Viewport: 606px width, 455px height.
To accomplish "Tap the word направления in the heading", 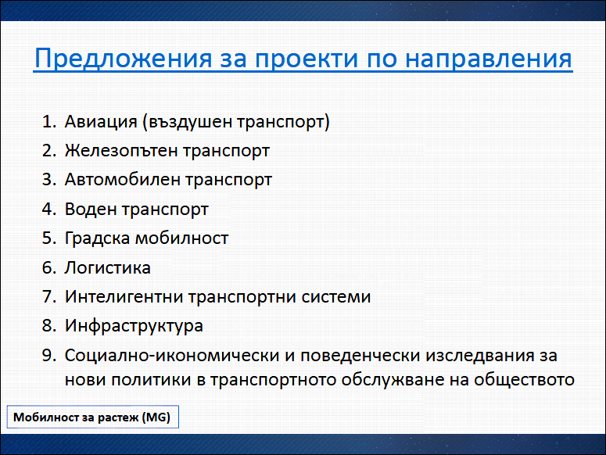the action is coord(489,59).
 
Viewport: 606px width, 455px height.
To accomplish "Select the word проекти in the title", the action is coord(306,59).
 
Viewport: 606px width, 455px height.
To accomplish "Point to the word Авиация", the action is coord(101,122).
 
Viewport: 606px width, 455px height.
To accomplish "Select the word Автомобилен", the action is coord(122,180).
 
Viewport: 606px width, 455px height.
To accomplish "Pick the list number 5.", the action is coord(49,238).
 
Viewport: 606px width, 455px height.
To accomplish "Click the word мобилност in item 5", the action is coord(181,238).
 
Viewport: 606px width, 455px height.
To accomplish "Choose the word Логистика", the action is coord(107,267).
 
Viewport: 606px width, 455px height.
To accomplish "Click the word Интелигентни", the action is coord(124,296).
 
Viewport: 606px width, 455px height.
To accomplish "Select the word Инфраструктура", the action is coord(134,326).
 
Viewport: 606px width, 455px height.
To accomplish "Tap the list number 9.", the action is coord(49,356).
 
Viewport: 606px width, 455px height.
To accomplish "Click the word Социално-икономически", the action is coord(172,356).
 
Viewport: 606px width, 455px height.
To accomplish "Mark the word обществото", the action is coord(524,380).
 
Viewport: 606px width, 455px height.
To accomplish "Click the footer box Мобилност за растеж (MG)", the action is coord(93,417).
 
